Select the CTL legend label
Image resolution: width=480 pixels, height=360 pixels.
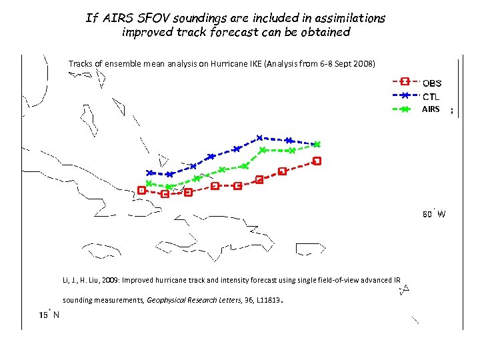[x=431, y=97]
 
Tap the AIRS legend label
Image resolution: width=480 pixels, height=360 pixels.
[x=430, y=109]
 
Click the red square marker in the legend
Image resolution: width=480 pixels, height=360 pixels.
[x=405, y=81]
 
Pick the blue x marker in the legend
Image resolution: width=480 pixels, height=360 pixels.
[x=405, y=95]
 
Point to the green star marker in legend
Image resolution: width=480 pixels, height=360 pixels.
[x=405, y=109]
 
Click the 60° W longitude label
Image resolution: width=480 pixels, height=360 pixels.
[x=434, y=214]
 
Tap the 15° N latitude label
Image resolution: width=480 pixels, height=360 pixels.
[x=49, y=315]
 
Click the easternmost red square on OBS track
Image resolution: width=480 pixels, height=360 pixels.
[x=317, y=161]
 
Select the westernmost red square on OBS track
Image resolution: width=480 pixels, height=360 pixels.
[x=142, y=190]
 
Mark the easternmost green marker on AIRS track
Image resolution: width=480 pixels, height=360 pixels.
[x=317, y=144]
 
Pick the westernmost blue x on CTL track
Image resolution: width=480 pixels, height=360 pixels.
[x=150, y=173]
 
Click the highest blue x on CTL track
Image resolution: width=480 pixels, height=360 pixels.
[x=260, y=138]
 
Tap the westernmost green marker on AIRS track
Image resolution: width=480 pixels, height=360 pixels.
[x=149, y=183]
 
